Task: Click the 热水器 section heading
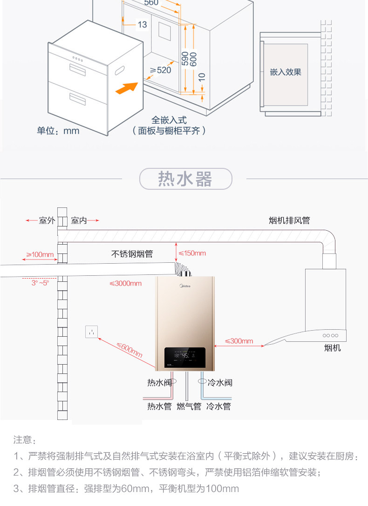tap(185, 179)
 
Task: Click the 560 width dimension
tap(151, 3)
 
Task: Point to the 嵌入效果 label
tap(286, 72)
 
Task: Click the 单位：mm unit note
tap(58, 131)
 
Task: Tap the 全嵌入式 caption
tap(169, 120)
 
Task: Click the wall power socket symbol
tap(92, 332)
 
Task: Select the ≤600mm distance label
tap(129, 350)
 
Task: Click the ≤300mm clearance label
tap(239, 341)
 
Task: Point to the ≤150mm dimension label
tap(192, 253)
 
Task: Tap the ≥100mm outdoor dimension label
tap(40, 255)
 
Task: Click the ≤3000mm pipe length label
tap(125, 283)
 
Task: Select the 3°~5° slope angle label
tap(40, 283)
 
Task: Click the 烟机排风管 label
tap(289, 220)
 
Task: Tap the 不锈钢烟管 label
tap(132, 254)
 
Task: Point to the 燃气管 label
tap(189, 406)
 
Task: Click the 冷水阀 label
tap(220, 383)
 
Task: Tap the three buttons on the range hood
tap(330, 335)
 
